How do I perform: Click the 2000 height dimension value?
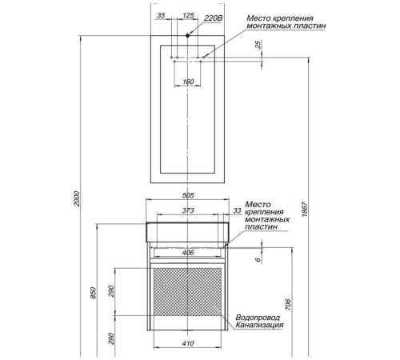(77, 198)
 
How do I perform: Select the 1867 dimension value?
(305, 209)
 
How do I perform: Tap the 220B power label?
(213, 18)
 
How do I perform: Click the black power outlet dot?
(187, 35)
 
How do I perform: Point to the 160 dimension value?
(188, 82)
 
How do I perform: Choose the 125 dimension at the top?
(188, 15)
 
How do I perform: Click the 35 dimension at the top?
(161, 15)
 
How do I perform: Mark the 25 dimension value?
(258, 44)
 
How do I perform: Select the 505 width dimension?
(188, 195)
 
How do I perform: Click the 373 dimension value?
(188, 210)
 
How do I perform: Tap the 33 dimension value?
(238, 210)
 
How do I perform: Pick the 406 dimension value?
(188, 253)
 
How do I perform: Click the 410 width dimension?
(188, 343)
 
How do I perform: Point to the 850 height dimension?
(93, 293)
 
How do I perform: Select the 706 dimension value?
(288, 305)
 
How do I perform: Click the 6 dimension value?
(258, 259)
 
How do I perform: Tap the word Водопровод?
(258, 318)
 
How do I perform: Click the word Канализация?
(259, 325)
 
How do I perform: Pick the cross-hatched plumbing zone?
(187, 292)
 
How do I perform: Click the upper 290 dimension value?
(111, 291)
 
